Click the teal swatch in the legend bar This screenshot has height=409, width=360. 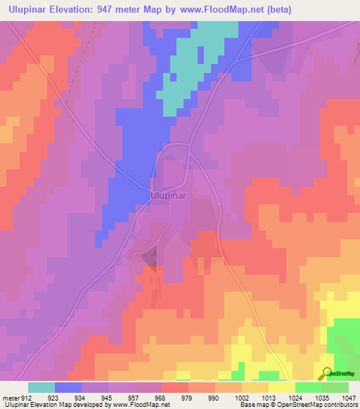coord(41,387)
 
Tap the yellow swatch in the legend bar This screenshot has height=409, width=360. coord(282,387)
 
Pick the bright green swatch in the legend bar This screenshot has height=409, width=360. coord(309,387)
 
